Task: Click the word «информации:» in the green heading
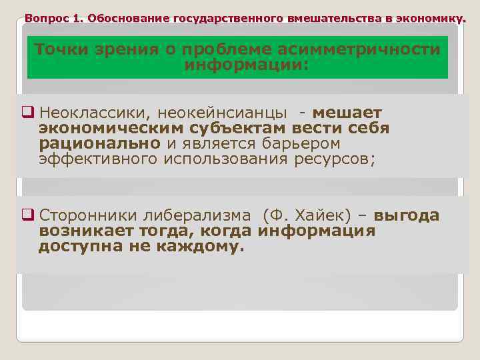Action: click(x=246, y=66)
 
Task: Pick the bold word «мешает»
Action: click(x=347, y=113)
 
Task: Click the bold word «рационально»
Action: click(x=99, y=143)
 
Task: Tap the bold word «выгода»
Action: click(x=407, y=215)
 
